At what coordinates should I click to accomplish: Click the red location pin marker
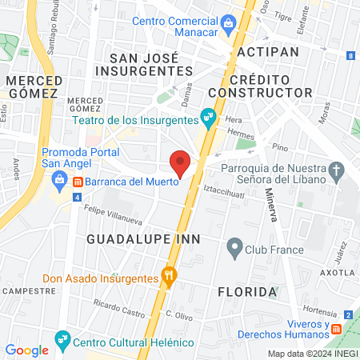click(181, 162)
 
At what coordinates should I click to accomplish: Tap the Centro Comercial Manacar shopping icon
click(228, 22)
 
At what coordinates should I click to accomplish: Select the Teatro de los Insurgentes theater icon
click(209, 119)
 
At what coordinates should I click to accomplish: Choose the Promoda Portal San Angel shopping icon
click(58, 178)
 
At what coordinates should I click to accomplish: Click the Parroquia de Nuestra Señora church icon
click(336, 169)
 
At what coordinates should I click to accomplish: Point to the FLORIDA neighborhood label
click(247, 292)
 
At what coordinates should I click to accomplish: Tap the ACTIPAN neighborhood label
click(268, 51)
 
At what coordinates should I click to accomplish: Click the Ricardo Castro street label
click(117, 305)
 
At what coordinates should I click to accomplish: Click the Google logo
click(26, 350)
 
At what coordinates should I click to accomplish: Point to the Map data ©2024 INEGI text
click(312, 354)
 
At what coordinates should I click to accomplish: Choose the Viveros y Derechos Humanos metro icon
click(337, 328)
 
